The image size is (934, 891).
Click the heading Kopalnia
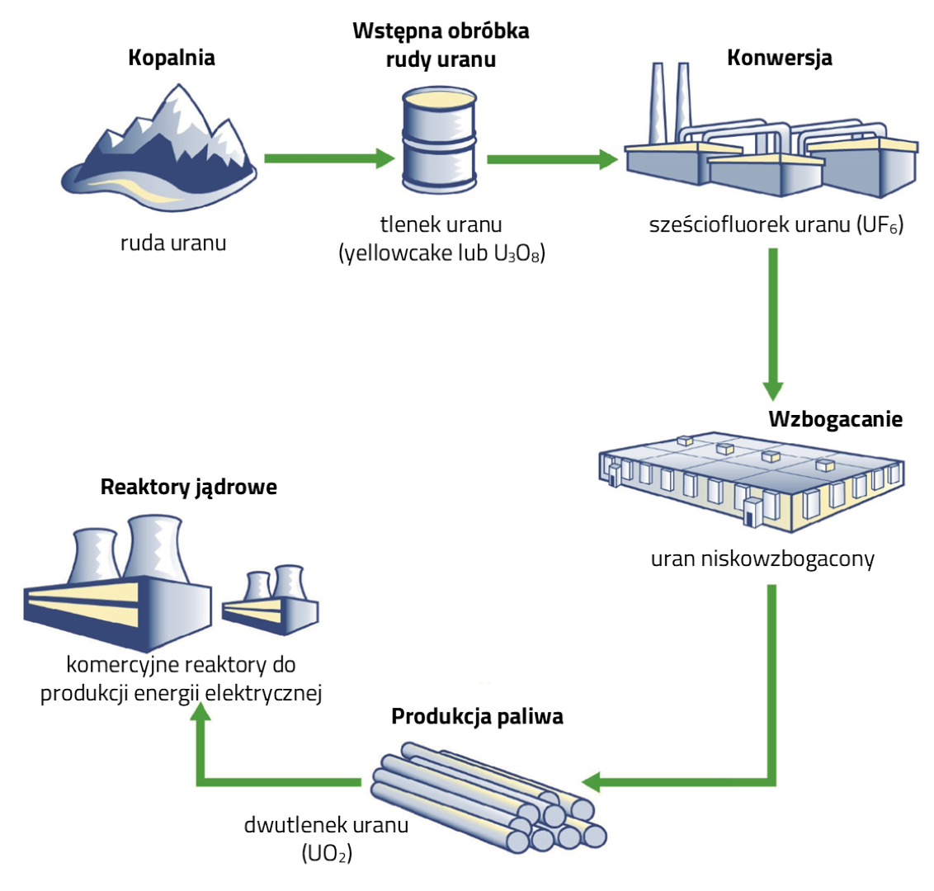point(172,58)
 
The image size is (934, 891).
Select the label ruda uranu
point(172,243)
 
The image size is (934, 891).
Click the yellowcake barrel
point(439,140)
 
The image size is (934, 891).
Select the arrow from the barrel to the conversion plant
point(553,159)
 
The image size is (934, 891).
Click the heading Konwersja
point(779,58)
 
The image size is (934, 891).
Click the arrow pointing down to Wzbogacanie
point(773,322)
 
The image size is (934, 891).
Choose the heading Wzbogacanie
point(835,419)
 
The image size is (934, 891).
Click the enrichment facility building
point(751,483)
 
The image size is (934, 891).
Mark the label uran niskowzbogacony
point(762,559)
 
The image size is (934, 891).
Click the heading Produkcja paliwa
point(477,716)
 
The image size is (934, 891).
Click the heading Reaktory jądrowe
point(188,487)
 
